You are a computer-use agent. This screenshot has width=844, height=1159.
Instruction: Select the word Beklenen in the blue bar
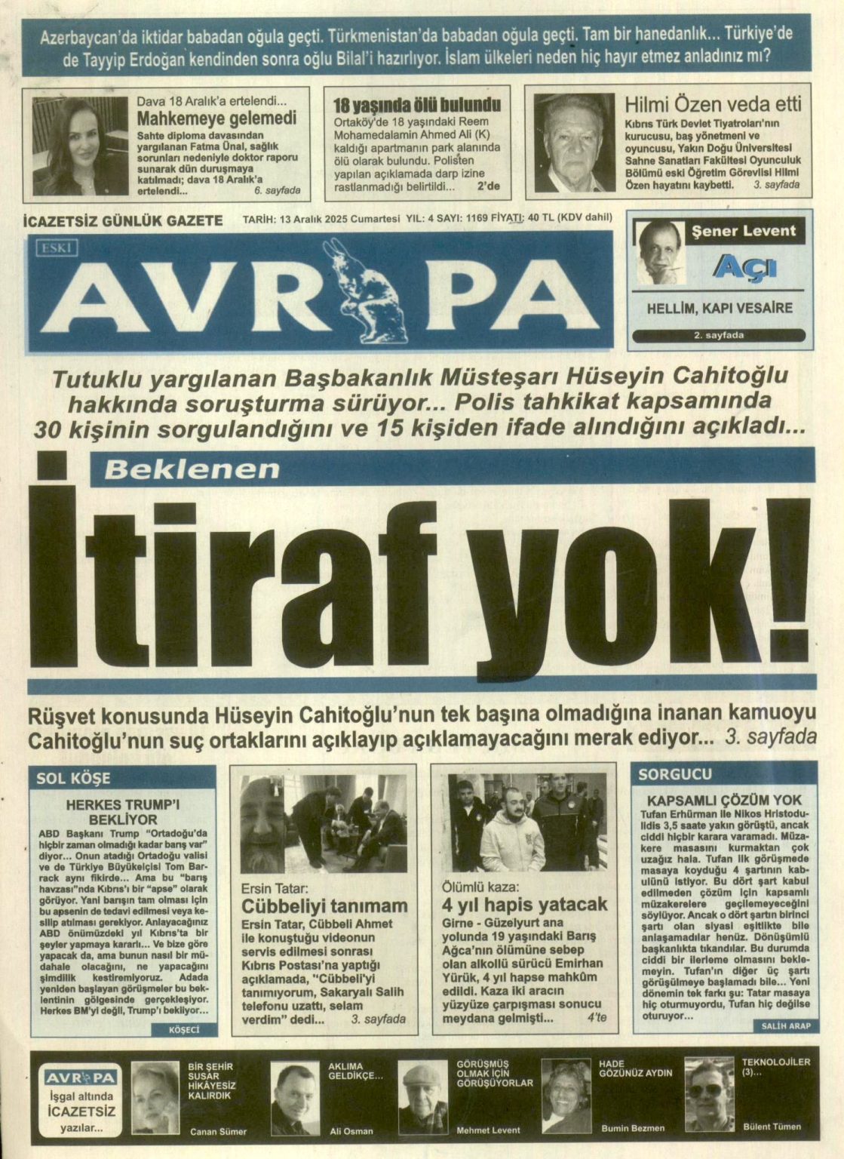192,470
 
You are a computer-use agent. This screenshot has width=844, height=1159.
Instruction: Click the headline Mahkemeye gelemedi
216,118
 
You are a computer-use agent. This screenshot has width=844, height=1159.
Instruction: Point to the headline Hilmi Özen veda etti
713,105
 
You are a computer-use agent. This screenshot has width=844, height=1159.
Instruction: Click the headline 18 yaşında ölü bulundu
417,105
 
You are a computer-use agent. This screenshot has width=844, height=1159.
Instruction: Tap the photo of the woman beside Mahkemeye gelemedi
80,146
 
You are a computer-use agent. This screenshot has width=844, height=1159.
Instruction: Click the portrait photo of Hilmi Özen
574,142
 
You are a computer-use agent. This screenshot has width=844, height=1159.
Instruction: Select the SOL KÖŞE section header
73,778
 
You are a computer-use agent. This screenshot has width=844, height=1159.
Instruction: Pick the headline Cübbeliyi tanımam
324,905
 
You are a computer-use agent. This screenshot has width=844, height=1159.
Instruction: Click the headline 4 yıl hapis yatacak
524,904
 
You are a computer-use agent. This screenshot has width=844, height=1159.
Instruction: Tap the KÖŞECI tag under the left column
184,1030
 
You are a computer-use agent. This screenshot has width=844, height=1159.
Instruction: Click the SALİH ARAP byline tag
786,1026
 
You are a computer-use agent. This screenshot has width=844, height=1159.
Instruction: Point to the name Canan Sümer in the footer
218,1132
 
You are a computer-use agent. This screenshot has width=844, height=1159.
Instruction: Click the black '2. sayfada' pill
718,336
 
